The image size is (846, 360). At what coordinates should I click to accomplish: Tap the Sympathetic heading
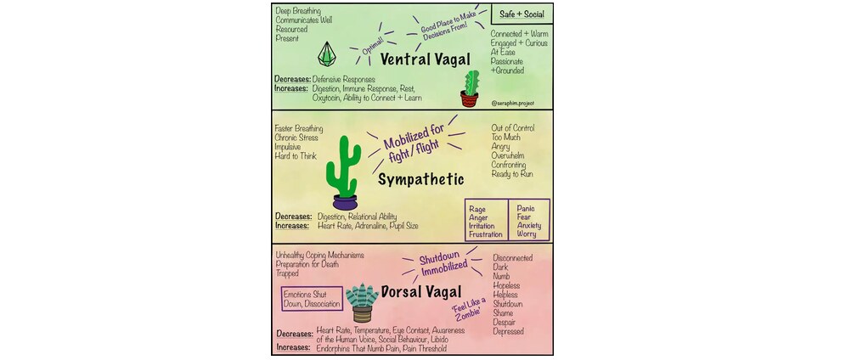(x=420, y=179)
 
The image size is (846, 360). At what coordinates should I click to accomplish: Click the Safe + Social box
(x=522, y=14)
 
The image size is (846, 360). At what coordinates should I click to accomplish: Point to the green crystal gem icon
(x=326, y=53)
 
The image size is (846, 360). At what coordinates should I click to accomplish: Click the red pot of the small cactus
(x=469, y=98)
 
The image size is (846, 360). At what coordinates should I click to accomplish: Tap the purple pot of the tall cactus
(x=345, y=202)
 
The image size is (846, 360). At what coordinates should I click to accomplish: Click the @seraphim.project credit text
(x=513, y=103)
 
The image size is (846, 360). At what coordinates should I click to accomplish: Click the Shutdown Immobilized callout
(x=436, y=262)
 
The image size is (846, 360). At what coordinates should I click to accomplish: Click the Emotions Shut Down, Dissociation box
(x=313, y=299)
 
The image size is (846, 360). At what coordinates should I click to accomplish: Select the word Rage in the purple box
(x=477, y=209)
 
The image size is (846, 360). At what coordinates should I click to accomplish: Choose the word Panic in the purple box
(x=526, y=208)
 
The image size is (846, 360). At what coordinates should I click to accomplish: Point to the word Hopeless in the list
(x=506, y=285)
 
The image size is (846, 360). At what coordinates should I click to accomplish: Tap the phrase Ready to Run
(x=512, y=174)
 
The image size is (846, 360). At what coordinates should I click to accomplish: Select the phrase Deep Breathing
(x=298, y=11)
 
